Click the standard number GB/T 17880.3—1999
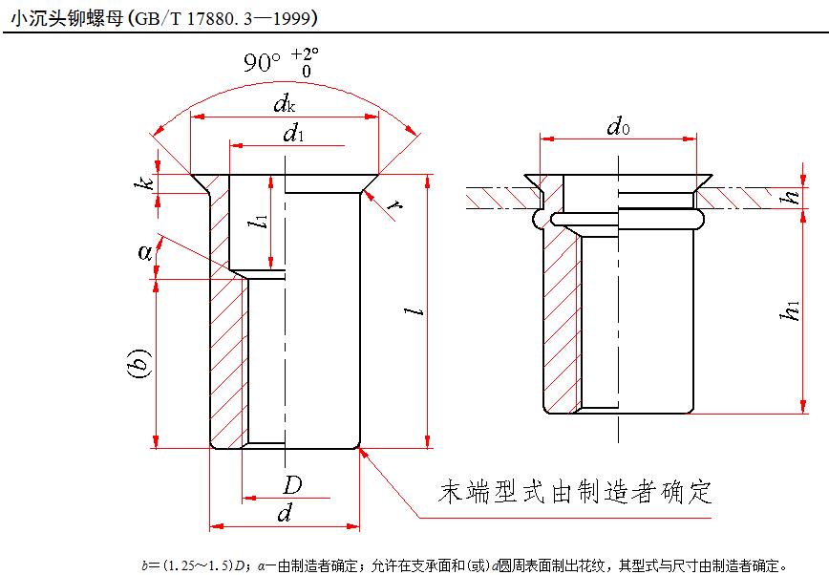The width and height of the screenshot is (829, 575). (233, 16)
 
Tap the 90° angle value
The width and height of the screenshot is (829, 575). (262, 64)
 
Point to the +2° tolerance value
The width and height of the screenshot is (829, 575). (305, 53)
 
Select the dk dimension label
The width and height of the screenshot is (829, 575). (284, 102)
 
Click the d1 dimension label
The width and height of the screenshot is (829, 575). (292, 135)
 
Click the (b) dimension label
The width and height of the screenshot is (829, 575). (139, 364)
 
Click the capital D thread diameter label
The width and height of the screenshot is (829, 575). (291, 485)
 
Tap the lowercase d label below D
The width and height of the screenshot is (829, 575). (284, 514)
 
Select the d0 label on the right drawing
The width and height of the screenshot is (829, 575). (618, 126)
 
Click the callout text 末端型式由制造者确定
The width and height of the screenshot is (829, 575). (575, 493)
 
